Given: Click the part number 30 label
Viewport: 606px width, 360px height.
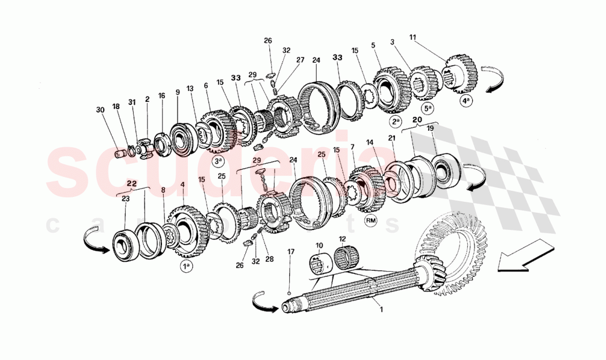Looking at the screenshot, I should pyautogui.click(x=100, y=109).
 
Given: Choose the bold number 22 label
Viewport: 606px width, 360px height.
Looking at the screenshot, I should pyautogui.click(x=131, y=183).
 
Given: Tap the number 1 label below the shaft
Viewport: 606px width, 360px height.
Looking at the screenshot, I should pyautogui.click(x=380, y=309).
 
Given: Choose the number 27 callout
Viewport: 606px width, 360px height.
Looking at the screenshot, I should pyautogui.click(x=300, y=60).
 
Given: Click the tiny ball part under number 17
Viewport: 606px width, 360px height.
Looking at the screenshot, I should pyautogui.click(x=289, y=292).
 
